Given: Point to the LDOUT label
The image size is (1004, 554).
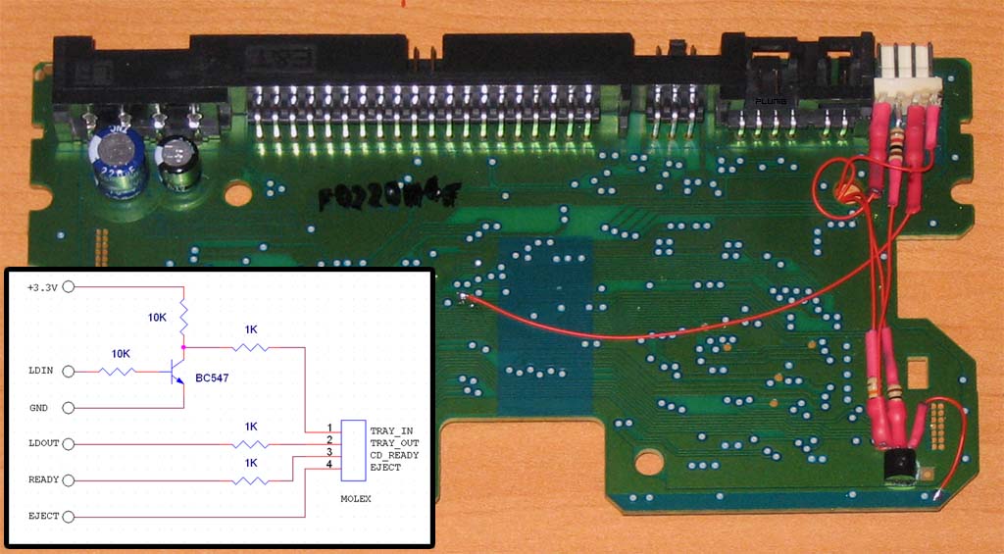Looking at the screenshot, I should tap(42, 444).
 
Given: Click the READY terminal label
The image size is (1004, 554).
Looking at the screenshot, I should tap(42, 480).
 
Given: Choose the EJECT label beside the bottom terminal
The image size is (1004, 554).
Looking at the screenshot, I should tap(42, 516).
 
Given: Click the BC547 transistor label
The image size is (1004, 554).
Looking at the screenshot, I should tap(214, 378).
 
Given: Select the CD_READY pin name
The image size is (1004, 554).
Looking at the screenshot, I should tap(394, 455).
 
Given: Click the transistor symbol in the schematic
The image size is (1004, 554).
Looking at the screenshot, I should tap(177, 374).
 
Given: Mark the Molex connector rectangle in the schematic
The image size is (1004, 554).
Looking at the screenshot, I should tap(353, 449).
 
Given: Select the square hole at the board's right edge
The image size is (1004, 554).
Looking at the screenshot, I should tap(917, 373).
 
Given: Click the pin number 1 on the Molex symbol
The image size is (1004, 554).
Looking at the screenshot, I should tap(330, 428).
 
